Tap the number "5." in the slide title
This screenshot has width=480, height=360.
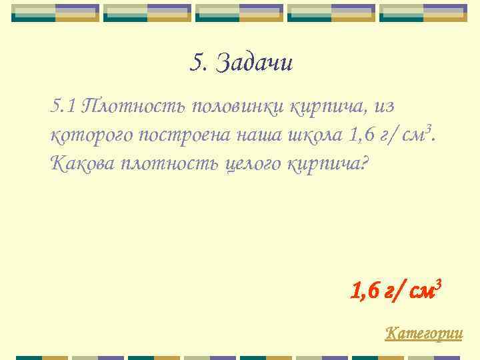pos(199,63)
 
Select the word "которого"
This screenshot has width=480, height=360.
pos(92,135)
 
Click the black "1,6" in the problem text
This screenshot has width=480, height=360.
pos(362,135)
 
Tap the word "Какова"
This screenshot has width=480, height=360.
pos(82,163)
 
